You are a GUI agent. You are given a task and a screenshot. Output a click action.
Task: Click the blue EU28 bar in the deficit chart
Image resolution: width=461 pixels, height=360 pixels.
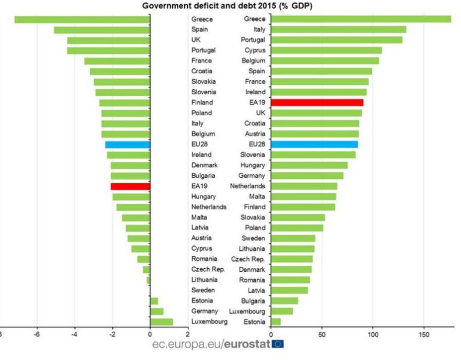tap(127, 145)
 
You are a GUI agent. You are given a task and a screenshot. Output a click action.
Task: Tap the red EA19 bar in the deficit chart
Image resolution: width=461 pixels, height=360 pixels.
tap(130, 187)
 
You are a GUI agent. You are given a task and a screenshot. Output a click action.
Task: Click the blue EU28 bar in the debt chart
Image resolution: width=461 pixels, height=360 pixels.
tap(314, 145)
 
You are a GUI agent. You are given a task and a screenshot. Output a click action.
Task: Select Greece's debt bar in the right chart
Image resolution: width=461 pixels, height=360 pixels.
tap(361, 19)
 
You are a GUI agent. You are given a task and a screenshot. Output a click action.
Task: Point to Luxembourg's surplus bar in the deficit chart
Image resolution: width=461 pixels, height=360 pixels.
tap(161, 322)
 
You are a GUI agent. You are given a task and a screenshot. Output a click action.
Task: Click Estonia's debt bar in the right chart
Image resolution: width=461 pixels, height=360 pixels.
tap(276, 322)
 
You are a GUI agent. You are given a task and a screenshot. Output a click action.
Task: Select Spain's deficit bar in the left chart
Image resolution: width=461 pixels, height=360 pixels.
tap(101, 29)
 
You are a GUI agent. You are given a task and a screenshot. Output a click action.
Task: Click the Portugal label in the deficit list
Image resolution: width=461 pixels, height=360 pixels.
tap(203, 50)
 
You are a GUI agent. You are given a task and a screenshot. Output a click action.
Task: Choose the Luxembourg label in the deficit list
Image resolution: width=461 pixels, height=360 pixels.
tap(209, 322)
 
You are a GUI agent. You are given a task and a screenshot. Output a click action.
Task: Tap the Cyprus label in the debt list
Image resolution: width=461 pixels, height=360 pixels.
tap(255, 50)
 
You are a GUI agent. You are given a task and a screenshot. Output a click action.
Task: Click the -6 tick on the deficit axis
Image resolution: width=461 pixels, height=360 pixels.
tap(36, 334)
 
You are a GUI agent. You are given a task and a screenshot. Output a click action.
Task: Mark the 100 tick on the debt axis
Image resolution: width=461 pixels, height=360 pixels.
tap(373, 334)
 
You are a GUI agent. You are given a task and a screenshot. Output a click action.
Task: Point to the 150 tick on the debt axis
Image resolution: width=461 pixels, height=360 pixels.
tap(424, 334)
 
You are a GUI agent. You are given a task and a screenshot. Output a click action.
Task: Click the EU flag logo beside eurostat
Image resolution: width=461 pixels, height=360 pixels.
tap(278, 344)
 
